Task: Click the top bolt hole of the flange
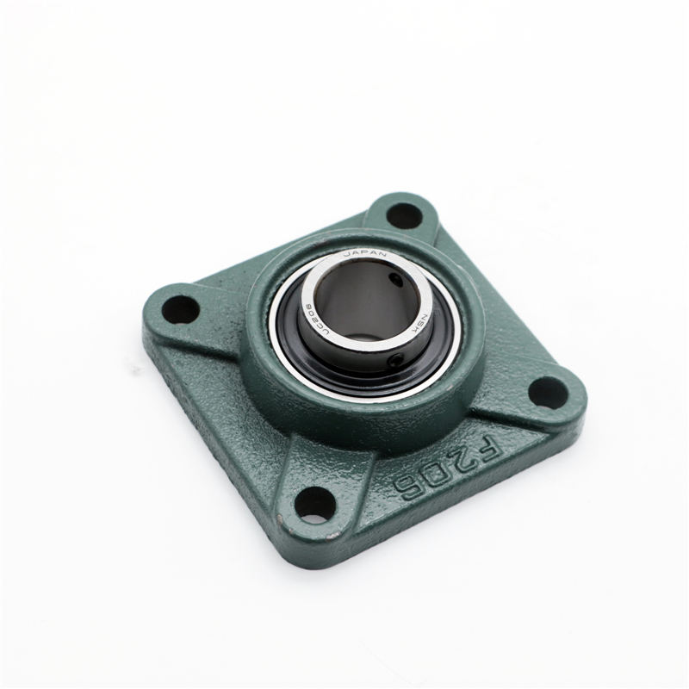pos(404,214)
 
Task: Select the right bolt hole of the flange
pos(548,393)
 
